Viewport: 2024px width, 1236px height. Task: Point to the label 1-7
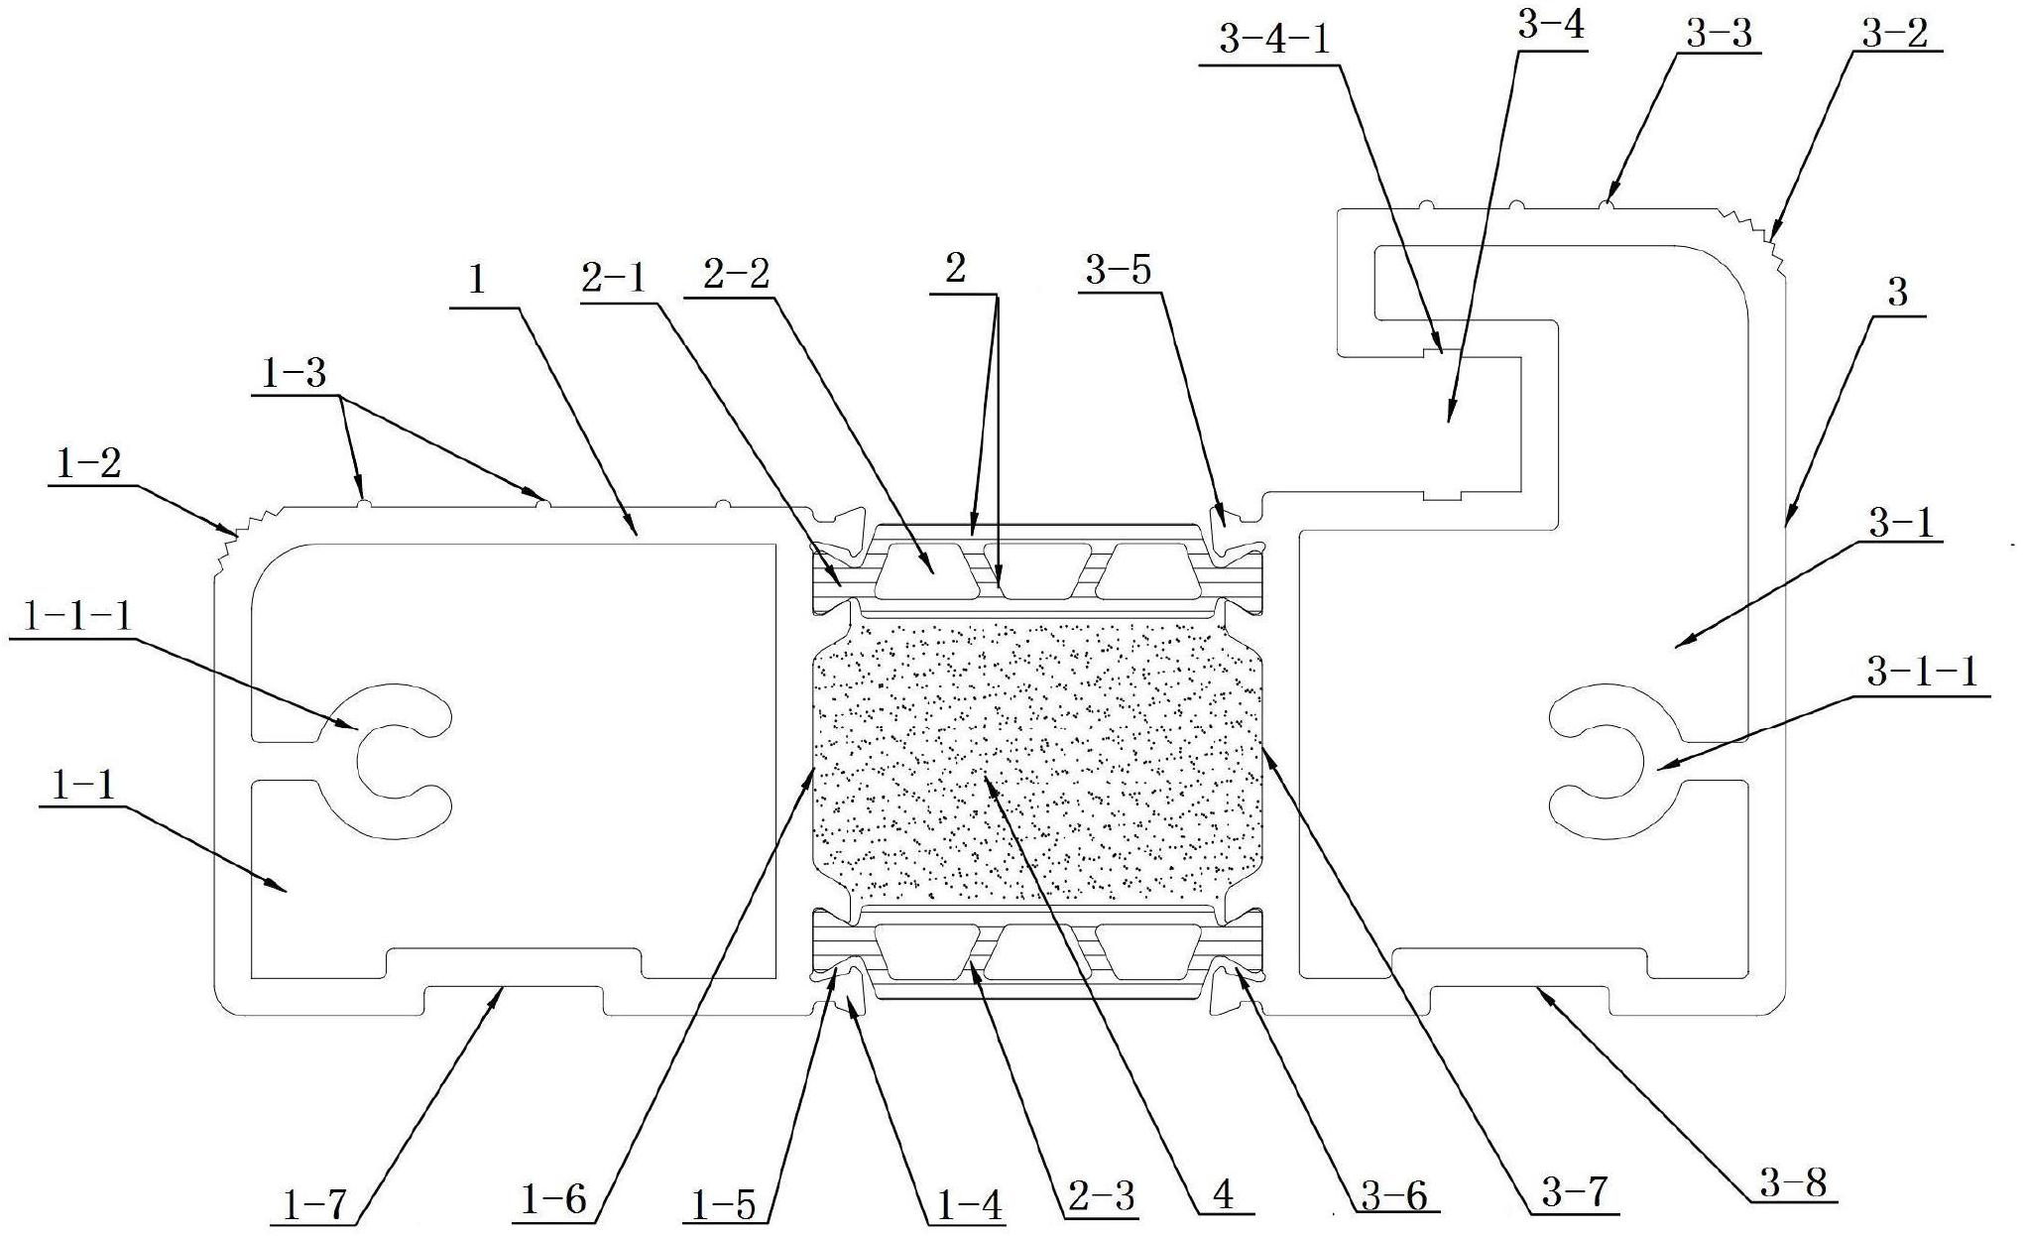(x=310, y=1205)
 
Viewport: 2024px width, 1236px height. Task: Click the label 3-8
(x=1793, y=1183)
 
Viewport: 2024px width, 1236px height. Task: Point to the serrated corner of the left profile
(x=231, y=537)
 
